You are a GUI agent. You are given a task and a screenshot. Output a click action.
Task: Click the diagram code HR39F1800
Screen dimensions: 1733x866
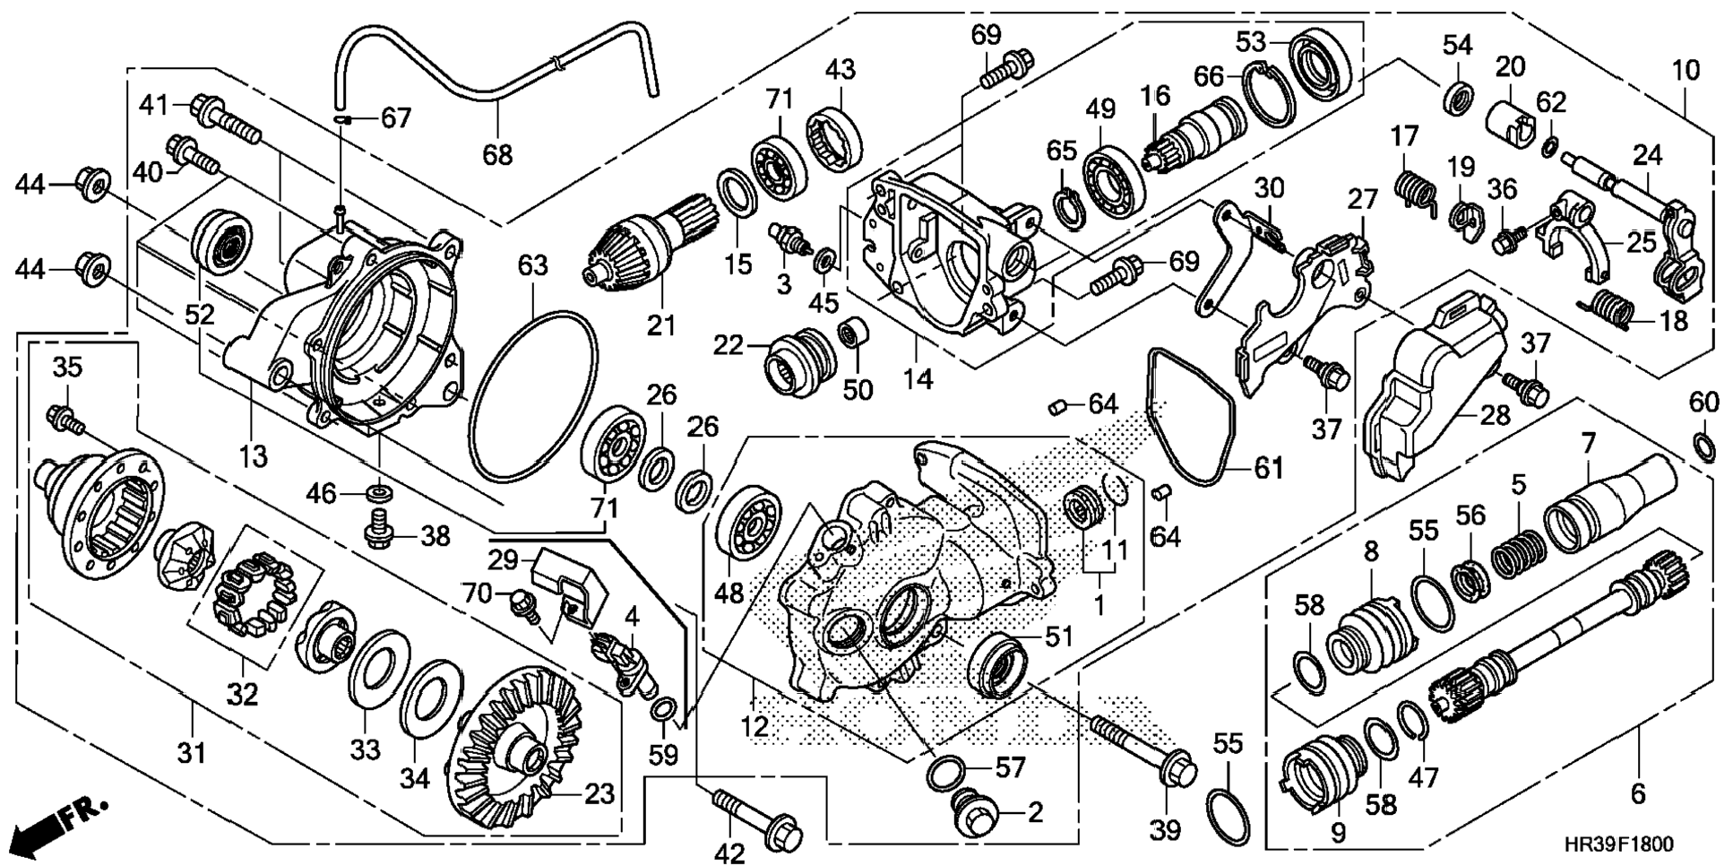[x=1618, y=844]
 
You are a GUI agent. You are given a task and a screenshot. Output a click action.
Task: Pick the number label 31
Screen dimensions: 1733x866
[x=191, y=752]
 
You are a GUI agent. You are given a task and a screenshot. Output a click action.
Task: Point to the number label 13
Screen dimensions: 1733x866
[x=254, y=456]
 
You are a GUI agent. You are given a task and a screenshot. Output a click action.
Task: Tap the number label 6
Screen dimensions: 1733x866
[x=1638, y=792]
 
